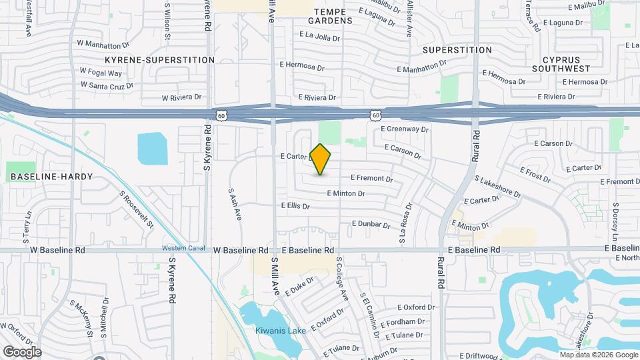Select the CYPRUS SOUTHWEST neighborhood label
[561, 64]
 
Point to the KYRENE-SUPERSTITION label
[159, 60]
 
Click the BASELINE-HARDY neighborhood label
[51, 177]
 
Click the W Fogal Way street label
[101, 72]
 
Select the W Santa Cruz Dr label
[107, 85]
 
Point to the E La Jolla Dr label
[320, 36]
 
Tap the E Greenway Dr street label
[404, 129]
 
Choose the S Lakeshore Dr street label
[497, 186]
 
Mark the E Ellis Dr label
[295, 206]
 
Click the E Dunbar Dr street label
[371, 225]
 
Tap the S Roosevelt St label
[137, 210]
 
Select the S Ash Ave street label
[235, 203]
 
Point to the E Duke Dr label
[299, 287]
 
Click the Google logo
[22, 352]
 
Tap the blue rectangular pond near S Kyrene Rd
[152, 148]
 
